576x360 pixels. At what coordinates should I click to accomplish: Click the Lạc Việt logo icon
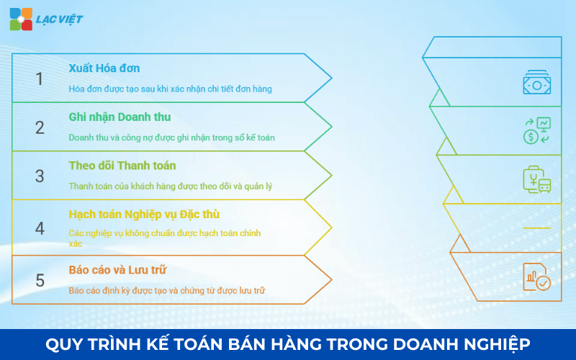pyautogui.click(x=21, y=19)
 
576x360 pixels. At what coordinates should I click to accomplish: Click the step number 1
pyautogui.click(x=40, y=78)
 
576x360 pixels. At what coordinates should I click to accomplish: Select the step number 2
pyautogui.click(x=40, y=127)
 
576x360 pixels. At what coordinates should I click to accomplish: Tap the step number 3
pyautogui.click(x=40, y=176)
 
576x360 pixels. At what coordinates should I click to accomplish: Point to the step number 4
pyautogui.click(x=40, y=228)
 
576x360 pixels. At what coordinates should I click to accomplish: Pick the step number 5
pyautogui.click(x=40, y=280)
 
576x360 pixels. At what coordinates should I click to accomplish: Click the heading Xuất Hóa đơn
pyautogui.click(x=104, y=68)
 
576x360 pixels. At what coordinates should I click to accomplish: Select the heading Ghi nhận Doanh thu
pyautogui.click(x=120, y=117)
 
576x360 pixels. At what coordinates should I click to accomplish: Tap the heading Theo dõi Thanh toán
pyautogui.click(x=122, y=166)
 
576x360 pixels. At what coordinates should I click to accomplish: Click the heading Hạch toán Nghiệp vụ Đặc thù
pyautogui.click(x=144, y=215)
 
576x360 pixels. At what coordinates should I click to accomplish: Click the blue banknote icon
pyautogui.click(x=536, y=82)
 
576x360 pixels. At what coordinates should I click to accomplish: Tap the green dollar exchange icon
pyautogui.click(x=536, y=130)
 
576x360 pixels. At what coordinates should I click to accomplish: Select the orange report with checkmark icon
pyautogui.click(x=536, y=277)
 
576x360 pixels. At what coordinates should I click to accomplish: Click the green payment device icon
pyautogui.click(x=536, y=179)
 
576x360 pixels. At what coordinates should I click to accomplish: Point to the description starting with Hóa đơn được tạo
pyautogui.click(x=170, y=89)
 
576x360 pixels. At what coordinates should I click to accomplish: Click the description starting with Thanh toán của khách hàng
pyautogui.click(x=170, y=186)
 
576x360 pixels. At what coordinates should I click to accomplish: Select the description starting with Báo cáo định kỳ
pyautogui.click(x=167, y=290)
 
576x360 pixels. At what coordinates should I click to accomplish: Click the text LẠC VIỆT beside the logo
pyautogui.click(x=59, y=19)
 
